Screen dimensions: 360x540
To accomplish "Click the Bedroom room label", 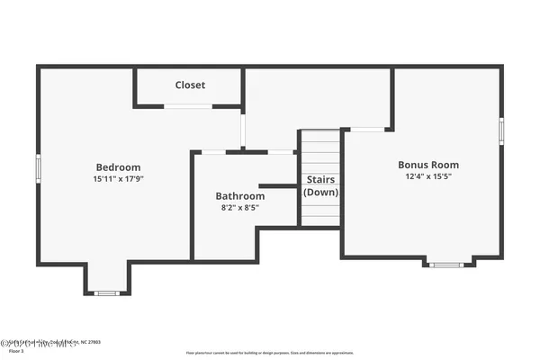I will click(118, 166).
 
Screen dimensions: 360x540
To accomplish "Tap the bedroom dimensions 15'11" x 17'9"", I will click(118, 178).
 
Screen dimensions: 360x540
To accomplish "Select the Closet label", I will click(190, 85).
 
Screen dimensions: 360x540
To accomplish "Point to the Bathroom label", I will click(239, 195).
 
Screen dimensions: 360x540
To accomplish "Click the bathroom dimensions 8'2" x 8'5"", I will click(239, 207).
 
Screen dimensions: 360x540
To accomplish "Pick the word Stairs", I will click(320, 179).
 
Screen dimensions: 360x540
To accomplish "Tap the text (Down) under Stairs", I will click(320, 192).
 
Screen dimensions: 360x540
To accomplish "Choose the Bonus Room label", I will click(428, 165).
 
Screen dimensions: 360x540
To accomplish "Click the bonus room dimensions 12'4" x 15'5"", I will click(428, 176).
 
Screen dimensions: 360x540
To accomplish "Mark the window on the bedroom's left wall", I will click(38, 167).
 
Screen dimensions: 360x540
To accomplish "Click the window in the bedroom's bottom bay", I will click(107, 292).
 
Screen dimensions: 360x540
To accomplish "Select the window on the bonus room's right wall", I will click(501, 130).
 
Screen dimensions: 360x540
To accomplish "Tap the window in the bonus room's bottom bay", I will click(445, 265).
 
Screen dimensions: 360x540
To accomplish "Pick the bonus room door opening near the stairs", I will click(365, 130).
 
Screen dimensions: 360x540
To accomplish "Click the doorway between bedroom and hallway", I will click(243, 129).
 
